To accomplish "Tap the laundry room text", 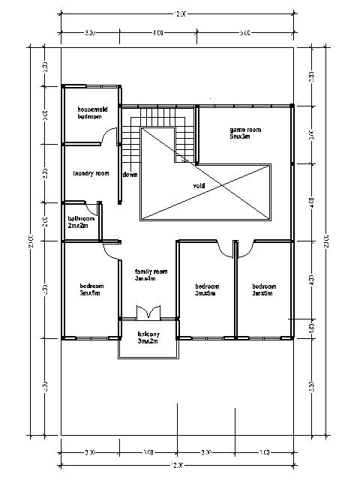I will (x=91, y=173).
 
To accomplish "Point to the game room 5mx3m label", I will (x=244, y=133).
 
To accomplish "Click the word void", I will (x=199, y=185).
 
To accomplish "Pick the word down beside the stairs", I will (x=130, y=175).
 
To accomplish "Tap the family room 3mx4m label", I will (x=150, y=274).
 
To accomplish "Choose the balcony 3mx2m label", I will (x=148, y=337).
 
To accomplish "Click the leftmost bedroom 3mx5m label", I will (x=91, y=289).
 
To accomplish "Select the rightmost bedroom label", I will (x=264, y=289).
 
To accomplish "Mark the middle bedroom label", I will (x=205, y=289).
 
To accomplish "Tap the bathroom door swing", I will (x=94, y=208).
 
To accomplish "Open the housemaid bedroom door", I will (x=109, y=136).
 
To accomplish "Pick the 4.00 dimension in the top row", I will (x=157, y=33).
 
